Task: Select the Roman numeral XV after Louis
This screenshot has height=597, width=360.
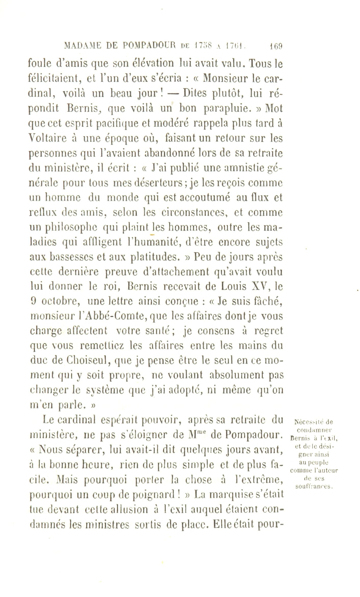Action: click(261, 286)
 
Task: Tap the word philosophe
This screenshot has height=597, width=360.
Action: click(68, 228)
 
